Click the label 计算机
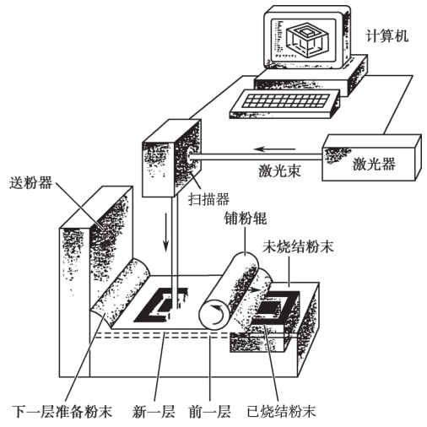point(386,36)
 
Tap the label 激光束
point(279,170)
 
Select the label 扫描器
point(208,199)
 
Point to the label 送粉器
point(30,182)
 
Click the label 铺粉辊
point(246,218)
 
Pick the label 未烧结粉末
point(298,246)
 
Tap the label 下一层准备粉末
point(62,411)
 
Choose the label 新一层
point(154,411)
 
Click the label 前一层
point(210,411)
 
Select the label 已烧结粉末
point(281,411)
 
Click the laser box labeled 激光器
point(371,158)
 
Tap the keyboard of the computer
point(284,104)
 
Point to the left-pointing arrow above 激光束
point(274,149)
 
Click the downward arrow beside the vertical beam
point(166,233)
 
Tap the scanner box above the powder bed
point(171,158)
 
